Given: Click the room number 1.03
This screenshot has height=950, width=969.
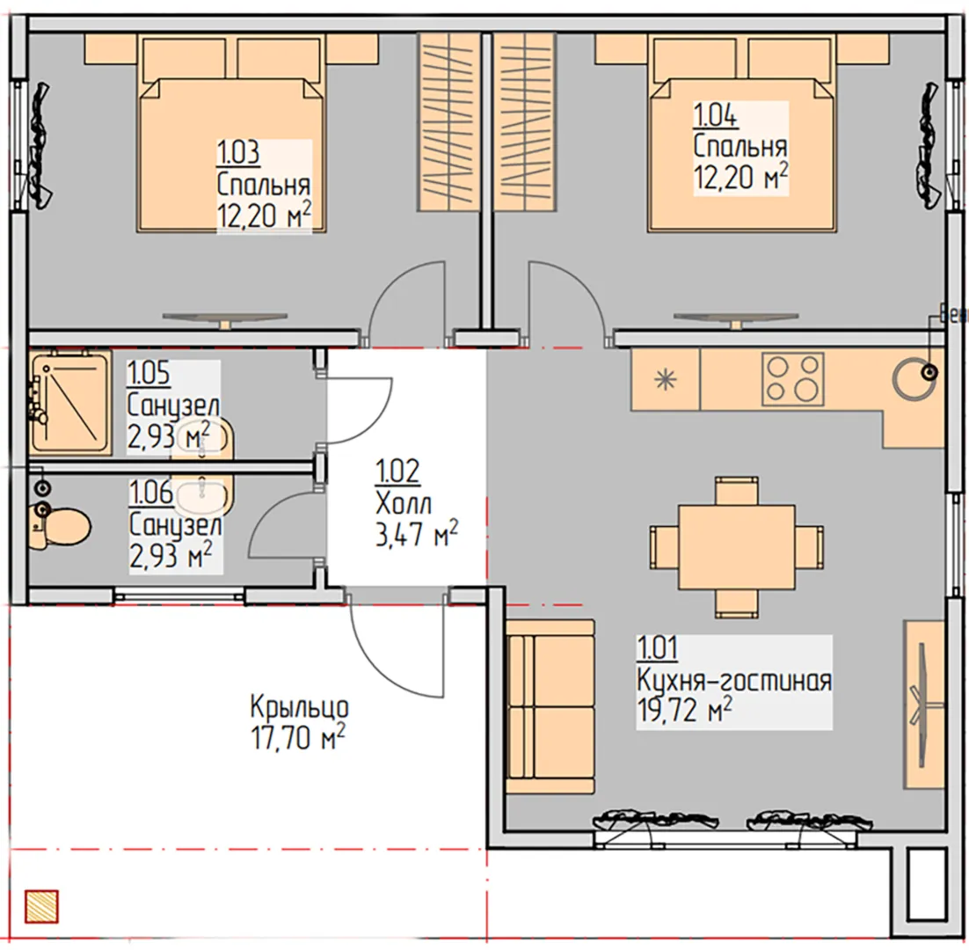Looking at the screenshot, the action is point(238,153).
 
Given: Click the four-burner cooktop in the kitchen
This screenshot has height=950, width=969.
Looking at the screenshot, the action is point(793,379).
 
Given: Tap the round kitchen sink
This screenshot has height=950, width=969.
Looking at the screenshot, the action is point(914,378).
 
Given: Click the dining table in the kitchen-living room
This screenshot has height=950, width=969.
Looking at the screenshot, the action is point(737,547).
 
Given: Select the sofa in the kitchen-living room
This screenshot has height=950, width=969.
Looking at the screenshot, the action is point(550,706).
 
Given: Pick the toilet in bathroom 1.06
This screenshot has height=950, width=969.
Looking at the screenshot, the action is point(61,527).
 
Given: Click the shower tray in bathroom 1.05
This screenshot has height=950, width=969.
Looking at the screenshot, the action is point(70,402).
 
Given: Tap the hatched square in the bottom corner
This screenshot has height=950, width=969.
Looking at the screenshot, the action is point(42,907).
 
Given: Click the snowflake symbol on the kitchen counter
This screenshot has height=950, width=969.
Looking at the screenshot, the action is point(666,379).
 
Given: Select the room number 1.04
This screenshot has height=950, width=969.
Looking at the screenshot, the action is point(716,115).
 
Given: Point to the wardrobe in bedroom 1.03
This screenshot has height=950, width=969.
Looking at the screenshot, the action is point(449,121).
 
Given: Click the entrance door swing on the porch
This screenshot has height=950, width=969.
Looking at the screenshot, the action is point(397,649).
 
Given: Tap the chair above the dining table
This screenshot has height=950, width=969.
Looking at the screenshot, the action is point(737,491).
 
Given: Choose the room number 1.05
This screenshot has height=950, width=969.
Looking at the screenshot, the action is point(149,373).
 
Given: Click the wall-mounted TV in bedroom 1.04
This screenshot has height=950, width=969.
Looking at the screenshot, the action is point(735,319).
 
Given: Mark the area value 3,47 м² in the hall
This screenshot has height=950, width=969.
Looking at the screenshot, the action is point(417,533).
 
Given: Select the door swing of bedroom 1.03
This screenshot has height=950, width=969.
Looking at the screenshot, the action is point(406,303).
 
